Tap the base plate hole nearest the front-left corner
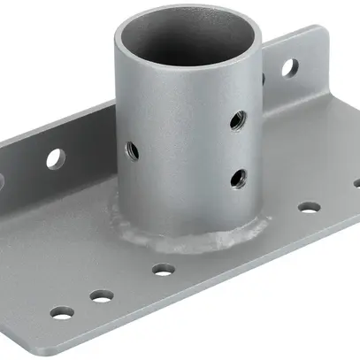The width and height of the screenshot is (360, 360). [61, 312]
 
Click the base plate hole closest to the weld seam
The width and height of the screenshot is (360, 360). [161, 269]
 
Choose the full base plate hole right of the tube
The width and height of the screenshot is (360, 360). [309, 208]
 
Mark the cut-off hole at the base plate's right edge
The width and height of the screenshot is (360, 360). [356, 184]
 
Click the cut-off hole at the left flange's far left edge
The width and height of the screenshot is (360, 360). [3, 181]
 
